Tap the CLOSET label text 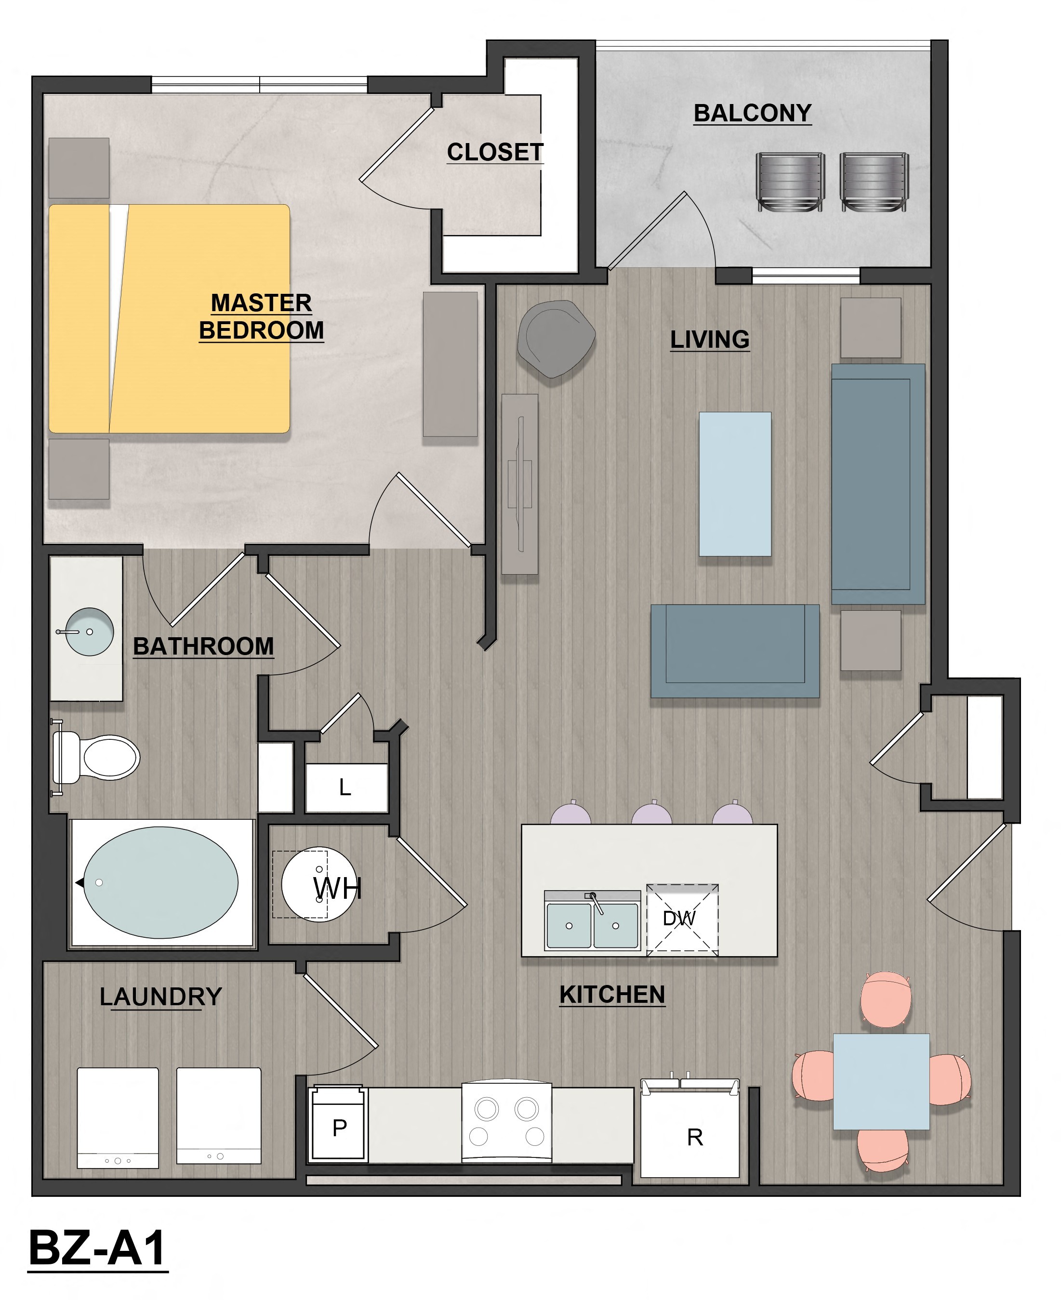click(494, 152)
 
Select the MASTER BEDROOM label click(261, 316)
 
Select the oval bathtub click(161, 883)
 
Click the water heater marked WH click(318, 884)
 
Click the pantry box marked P click(339, 1128)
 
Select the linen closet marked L click(346, 788)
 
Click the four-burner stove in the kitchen click(507, 1123)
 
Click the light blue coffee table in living click(735, 484)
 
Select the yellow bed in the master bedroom click(169, 318)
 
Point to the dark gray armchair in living click(555, 338)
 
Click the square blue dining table click(881, 1081)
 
